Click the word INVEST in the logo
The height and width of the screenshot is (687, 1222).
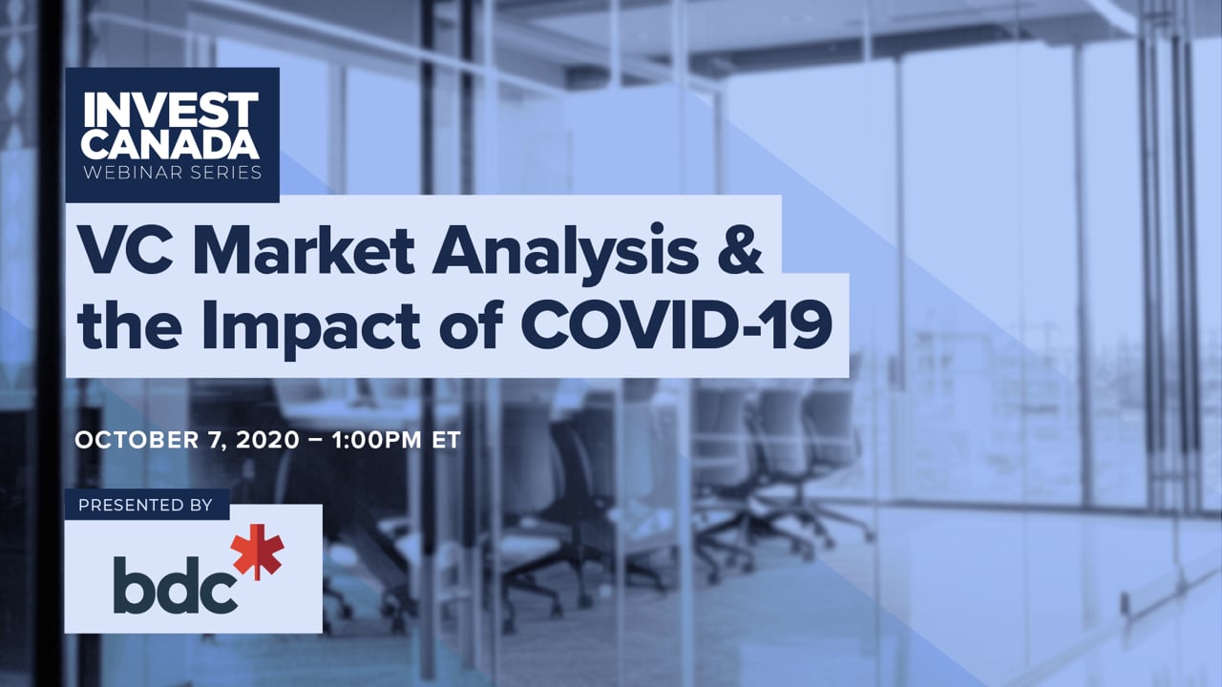(x=171, y=110)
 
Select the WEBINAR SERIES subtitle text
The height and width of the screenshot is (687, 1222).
(x=173, y=173)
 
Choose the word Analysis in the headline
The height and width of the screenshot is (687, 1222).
(x=565, y=254)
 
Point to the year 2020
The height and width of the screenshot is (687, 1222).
(x=267, y=440)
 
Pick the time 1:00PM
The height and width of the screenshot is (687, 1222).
(x=377, y=440)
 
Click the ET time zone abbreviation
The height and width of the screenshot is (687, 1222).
(x=446, y=440)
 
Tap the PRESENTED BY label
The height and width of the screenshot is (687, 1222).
(x=145, y=505)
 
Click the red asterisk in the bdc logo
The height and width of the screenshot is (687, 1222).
(x=257, y=552)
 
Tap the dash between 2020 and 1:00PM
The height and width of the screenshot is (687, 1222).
(x=316, y=440)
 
